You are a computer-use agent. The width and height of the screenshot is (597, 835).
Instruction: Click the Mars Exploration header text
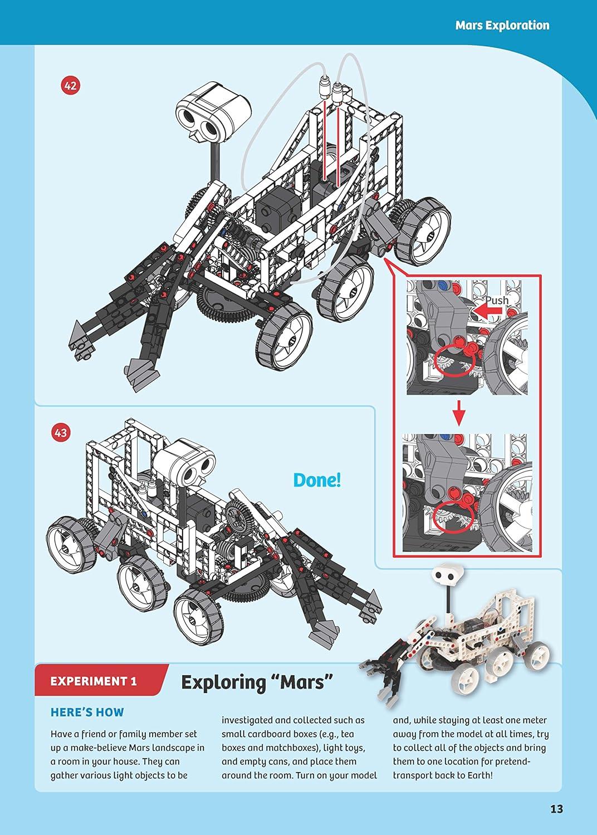click(x=502, y=25)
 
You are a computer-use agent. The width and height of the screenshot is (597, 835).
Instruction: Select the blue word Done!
click(x=316, y=480)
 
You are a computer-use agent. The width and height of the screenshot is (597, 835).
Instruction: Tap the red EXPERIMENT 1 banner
click(x=94, y=680)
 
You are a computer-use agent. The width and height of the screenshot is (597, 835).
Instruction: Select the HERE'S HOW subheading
click(x=87, y=712)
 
